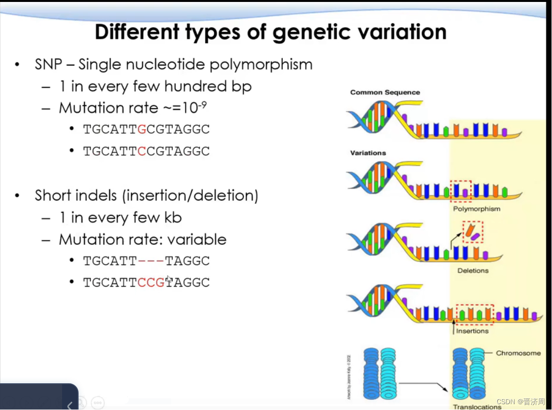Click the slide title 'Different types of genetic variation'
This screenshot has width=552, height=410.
point(271,32)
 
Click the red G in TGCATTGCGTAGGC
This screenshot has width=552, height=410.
point(142,130)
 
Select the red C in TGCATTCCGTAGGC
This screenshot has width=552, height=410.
point(142,152)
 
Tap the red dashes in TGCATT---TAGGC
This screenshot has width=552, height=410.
point(151,261)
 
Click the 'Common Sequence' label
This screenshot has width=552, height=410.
point(385,92)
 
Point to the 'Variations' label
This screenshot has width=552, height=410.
point(368,153)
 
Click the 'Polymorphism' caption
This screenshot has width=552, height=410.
point(476,209)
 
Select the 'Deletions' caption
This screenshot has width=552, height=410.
point(473,271)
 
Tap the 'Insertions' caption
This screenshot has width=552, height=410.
point(472,331)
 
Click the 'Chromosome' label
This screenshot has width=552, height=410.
point(518,353)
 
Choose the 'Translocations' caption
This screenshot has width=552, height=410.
point(477,407)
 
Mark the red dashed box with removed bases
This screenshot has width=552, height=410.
point(473,232)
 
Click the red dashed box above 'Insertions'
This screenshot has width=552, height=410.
point(475,314)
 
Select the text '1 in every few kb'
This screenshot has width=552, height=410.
point(120,218)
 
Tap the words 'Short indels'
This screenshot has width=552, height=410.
point(76,196)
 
